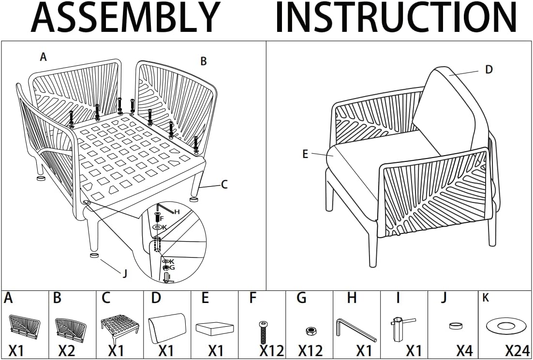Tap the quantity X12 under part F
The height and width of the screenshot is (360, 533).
click(x=272, y=350)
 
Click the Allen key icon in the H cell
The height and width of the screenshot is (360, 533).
click(x=356, y=329)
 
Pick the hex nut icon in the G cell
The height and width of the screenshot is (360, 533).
click(x=310, y=331)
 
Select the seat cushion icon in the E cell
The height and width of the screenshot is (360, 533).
click(x=215, y=329)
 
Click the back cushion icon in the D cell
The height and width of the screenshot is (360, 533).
click(x=167, y=328)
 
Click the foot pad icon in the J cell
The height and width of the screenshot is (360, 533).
click(x=456, y=326)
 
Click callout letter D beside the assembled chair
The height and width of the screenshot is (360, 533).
click(x=489, y=70)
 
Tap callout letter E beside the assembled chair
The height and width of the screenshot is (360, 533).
click(x=305, y=154)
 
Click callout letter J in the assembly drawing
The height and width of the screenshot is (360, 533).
click(x=125, y=274)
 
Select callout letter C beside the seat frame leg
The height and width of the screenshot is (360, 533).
click(x=224, y=185)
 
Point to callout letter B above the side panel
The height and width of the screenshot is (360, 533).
click(x=203, y=61)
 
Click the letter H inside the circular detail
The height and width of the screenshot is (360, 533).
click(x=177, y=212)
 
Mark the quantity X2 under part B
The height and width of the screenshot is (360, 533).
click(x=67, y=350)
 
